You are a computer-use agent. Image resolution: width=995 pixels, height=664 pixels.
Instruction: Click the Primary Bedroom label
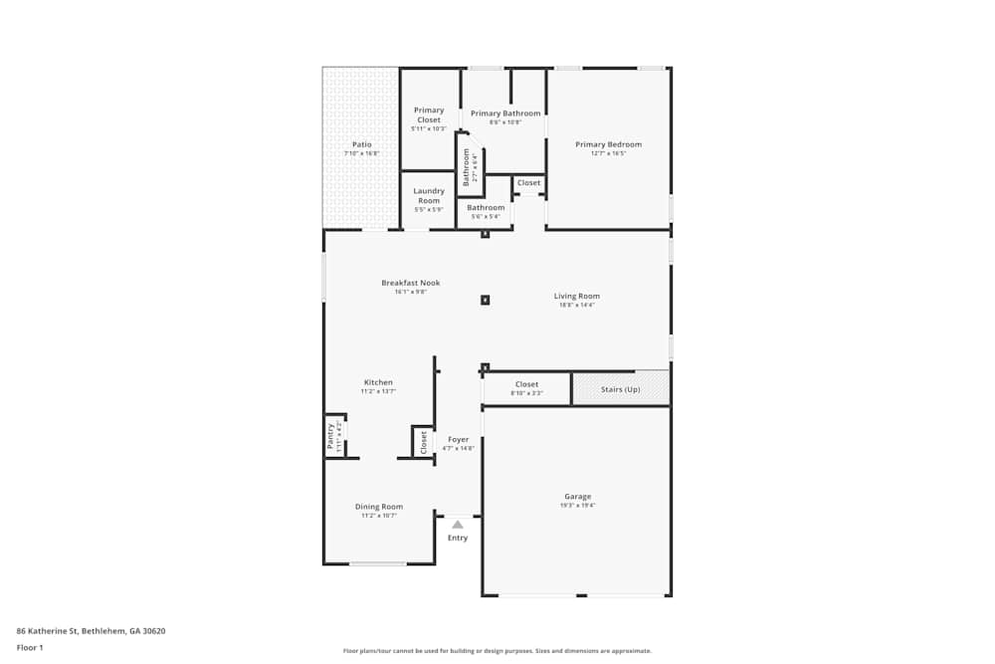[x=608, y=144]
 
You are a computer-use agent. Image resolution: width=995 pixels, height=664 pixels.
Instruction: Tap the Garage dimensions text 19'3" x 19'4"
[x=577, y=506]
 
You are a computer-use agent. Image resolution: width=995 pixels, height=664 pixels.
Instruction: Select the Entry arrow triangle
[x=457, y=524]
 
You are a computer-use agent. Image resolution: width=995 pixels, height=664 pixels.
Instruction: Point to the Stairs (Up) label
[x=620, y=389]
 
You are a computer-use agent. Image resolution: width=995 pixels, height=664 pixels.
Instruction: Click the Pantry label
[x=331, y=435]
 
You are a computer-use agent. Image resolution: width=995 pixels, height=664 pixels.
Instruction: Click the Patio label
[x=361, y=144]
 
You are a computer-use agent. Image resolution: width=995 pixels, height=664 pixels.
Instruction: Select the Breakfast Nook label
[x=410, y=283]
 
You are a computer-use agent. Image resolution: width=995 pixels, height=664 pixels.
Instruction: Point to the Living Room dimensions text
[x=577, y=305]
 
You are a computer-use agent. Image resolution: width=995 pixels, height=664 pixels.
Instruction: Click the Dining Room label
[x=379, y=507]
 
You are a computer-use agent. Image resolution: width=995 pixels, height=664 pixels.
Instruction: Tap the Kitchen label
[x=378, y=382]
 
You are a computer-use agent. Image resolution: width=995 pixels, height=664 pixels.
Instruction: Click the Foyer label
[x=458, y=439]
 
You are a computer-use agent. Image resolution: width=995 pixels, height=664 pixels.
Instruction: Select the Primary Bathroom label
[x=505, y=113]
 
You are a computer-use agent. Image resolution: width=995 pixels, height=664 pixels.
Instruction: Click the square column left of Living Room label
[x=485, y=299]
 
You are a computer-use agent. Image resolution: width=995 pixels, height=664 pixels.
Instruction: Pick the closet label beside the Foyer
[x=423, y=441]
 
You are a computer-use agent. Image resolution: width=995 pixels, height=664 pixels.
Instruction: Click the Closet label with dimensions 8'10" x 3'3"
[x=526, y=384]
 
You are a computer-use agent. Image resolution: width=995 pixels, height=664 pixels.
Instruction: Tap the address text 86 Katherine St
[x=91, y=630]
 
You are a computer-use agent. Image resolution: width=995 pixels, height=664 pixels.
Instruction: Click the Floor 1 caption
[x=30, y=647]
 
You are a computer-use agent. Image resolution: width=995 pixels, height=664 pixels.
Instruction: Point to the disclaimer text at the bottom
[x=497, y=650]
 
